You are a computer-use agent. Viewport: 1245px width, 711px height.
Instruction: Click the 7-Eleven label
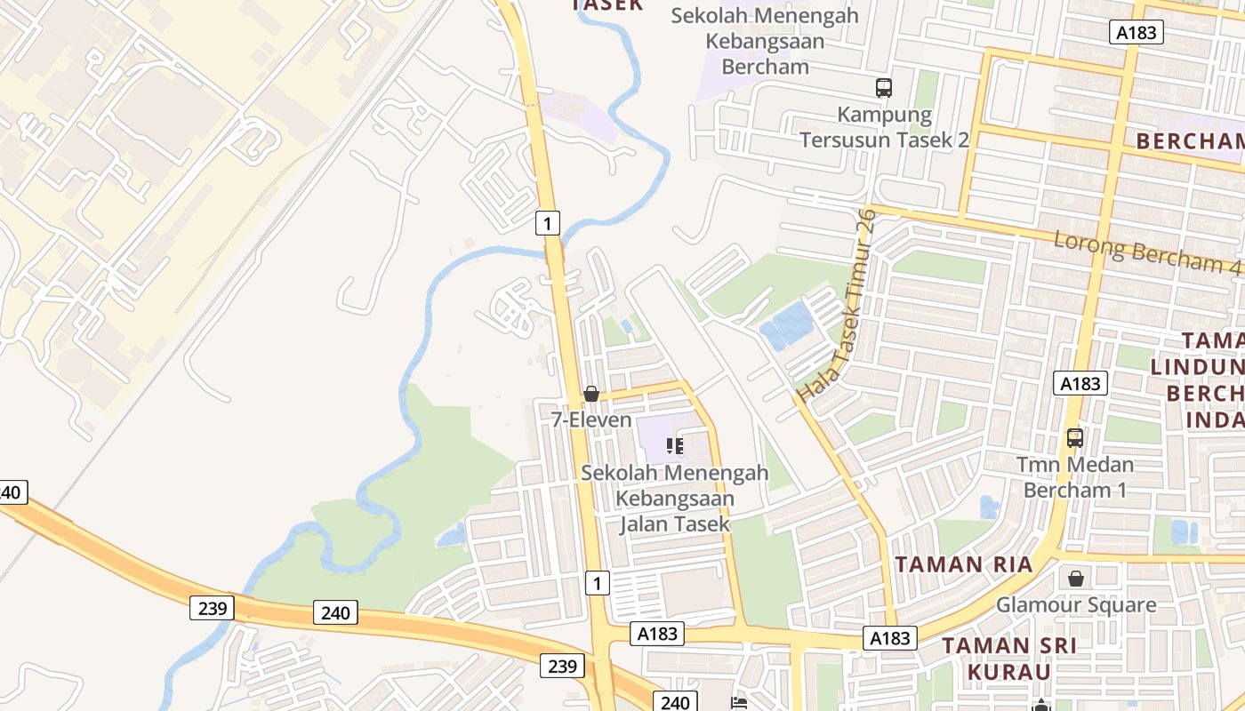(x=591, y=419)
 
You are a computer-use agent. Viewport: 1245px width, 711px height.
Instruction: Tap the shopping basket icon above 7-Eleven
(x=591, y=393)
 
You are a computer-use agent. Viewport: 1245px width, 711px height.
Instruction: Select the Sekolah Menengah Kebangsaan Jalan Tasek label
(x=675, y=498)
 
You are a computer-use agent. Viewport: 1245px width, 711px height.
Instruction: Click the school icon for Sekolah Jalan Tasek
(x=675, y=445)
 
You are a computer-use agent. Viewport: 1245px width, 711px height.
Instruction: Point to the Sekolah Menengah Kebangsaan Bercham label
(x=765, y=41)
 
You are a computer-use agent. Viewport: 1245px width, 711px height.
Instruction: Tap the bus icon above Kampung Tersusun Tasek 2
(x=883, y=88)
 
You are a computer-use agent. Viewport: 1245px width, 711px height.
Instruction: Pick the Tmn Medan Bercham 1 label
(x=1075, y=476)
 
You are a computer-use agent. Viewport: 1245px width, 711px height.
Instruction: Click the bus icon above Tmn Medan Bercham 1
(x=1075, y=437)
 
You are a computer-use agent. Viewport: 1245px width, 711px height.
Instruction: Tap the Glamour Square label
(x=1076, y=605)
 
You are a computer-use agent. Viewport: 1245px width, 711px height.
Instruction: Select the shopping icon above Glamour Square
(x=1076, y=579)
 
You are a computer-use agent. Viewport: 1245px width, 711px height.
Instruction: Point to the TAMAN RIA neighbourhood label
(x=963, y=564)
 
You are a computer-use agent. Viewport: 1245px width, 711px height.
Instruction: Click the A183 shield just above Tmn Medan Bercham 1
(x=1080, y=383)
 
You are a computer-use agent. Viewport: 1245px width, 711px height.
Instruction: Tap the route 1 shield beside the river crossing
(x=548, y=222)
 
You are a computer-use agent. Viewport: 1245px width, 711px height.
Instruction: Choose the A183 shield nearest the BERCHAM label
(x=1137, y=33)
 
